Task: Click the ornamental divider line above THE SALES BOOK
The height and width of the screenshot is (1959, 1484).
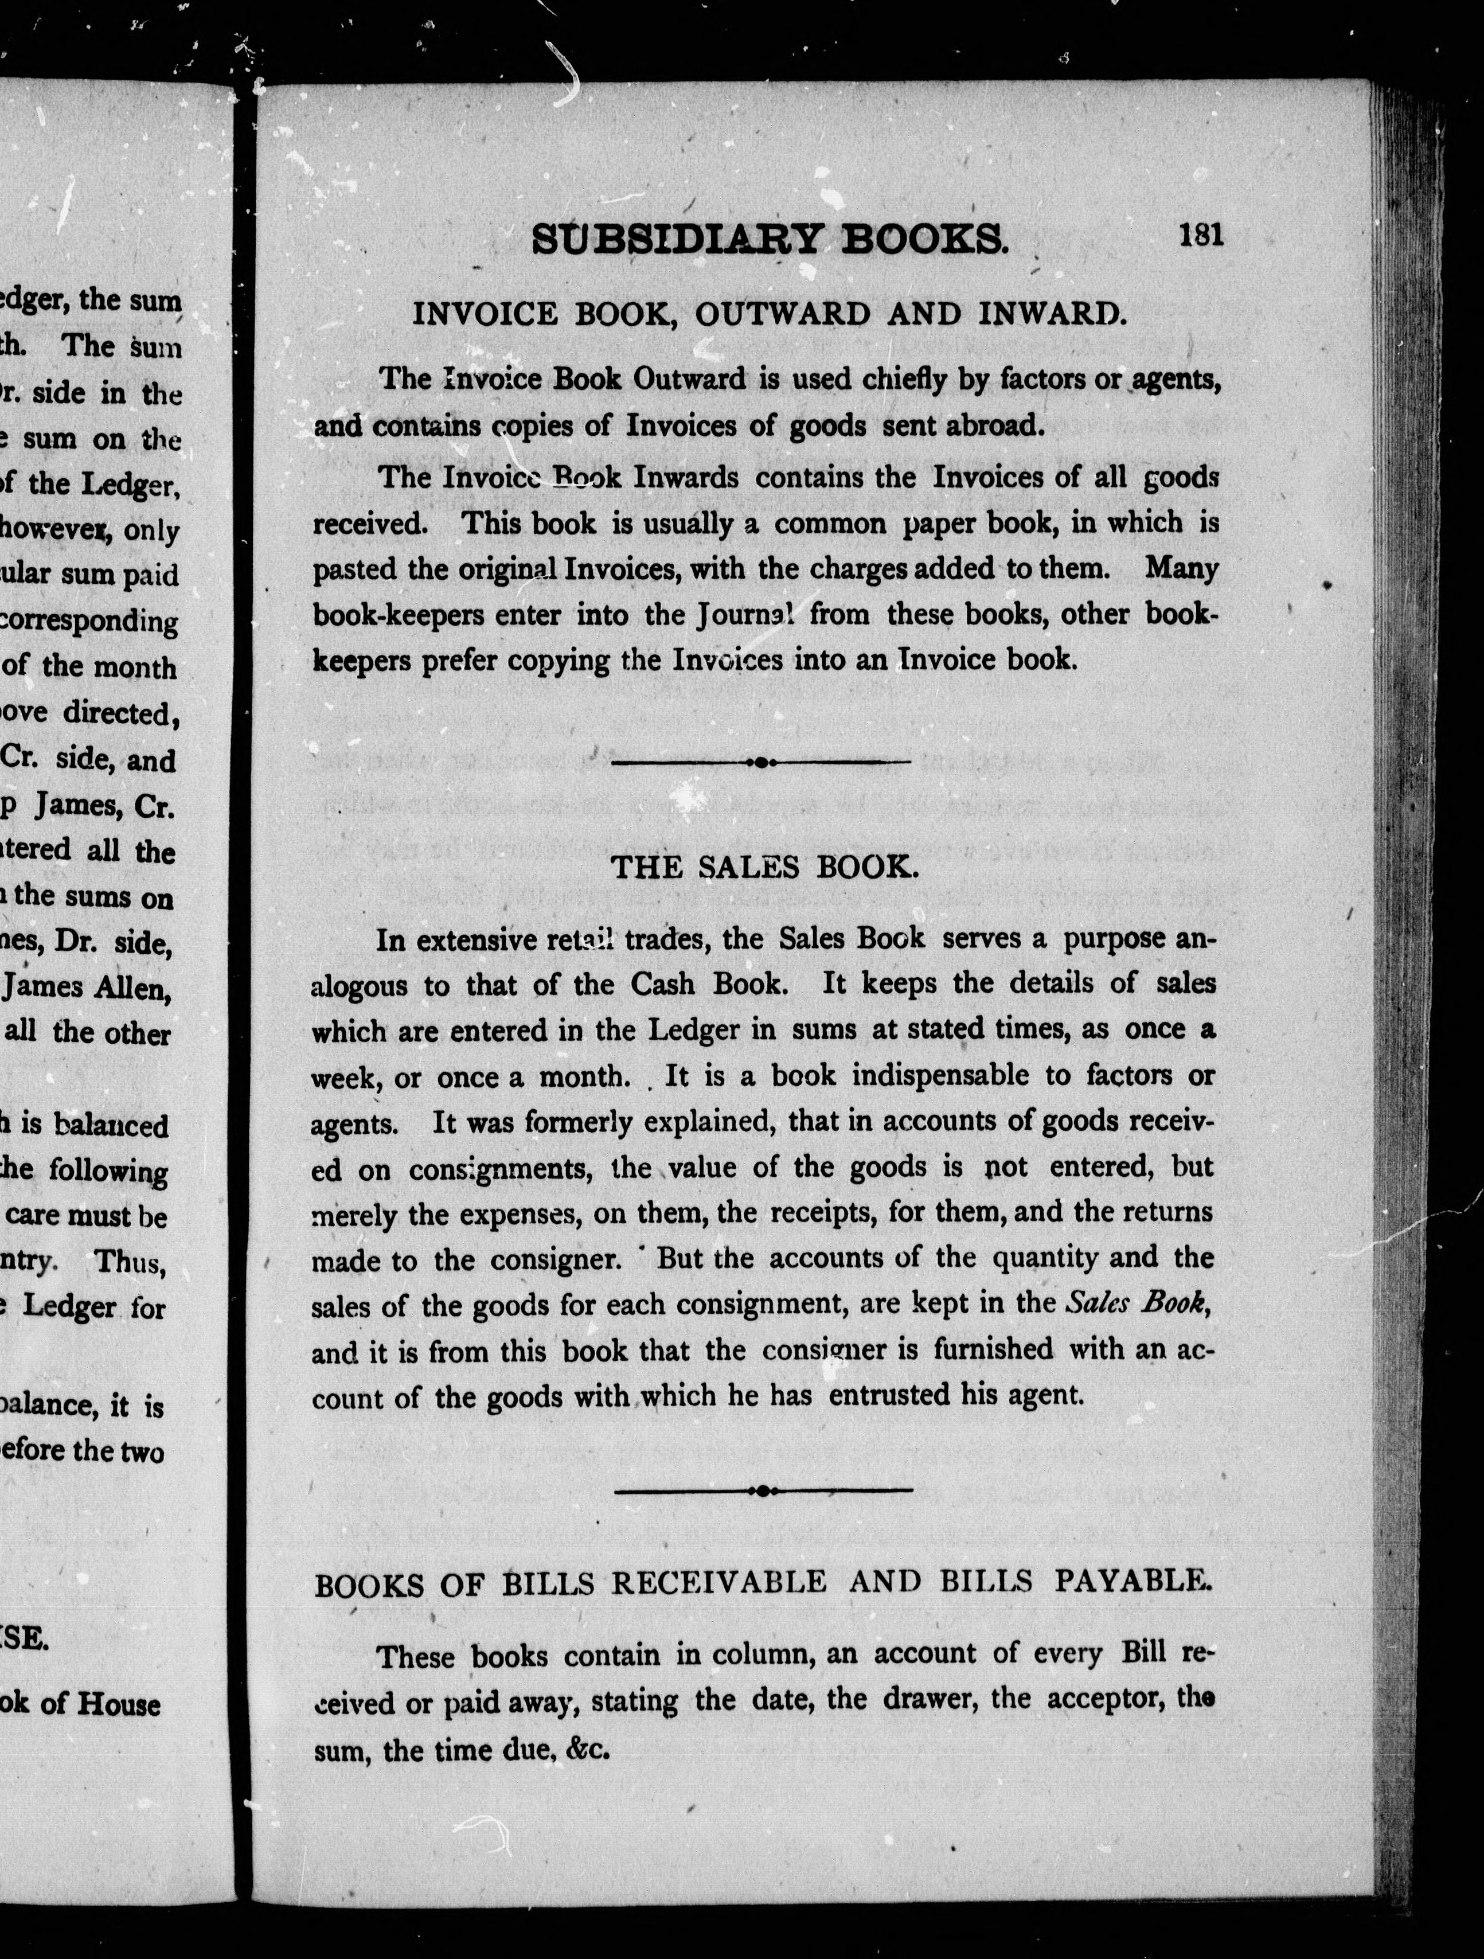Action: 760,762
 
